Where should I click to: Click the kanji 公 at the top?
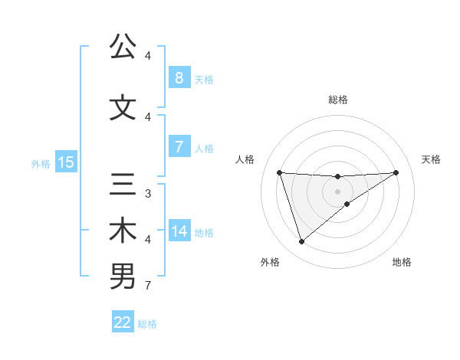coord(123,47)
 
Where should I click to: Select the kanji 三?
coord(123,185)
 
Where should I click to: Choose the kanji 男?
coord(123,277)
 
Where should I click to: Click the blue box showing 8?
coord(179,77)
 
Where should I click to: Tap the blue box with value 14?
coord(179,231)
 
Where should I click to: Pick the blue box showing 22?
coord(123,322)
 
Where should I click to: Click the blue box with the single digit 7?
coord(179,146)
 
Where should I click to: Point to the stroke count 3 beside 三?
coord(148,194)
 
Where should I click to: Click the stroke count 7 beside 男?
coord(148,286)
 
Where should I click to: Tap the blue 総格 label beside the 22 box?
coord(147,324)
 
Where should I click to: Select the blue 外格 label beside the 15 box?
coord(40,163)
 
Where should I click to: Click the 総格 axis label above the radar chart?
coord(337,100)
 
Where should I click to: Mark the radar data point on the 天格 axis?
coord(396,172)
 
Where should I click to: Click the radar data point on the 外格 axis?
coord(301,242)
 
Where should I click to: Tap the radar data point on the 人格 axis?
coord(280,172)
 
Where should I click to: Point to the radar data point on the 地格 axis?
coord(347,204)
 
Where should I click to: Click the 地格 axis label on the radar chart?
coord(402,262)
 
